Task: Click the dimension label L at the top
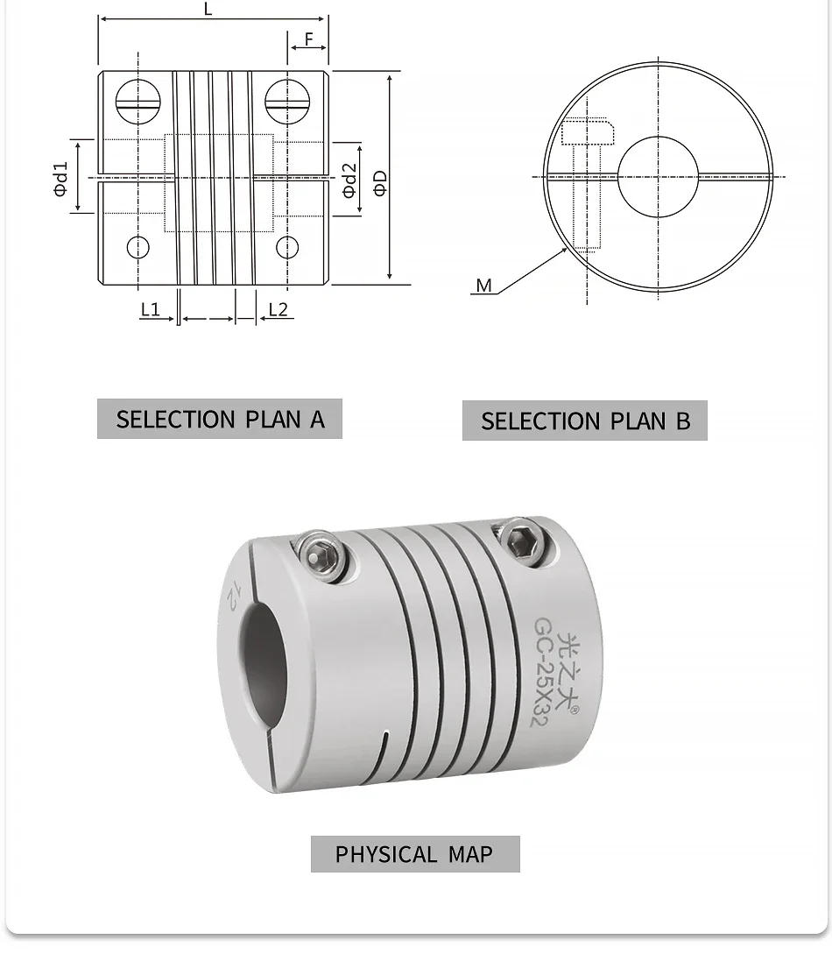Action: (x=208, y=10)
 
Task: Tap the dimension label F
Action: (x=309, y=39)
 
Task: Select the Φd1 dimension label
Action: (x=60, y=178)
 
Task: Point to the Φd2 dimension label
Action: (x=349, y=180)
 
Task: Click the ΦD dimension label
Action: (x=379, y=181)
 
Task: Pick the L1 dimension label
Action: (x=150, y=309)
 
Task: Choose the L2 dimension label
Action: (x=278, y=309)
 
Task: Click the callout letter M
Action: (x=483, y=286)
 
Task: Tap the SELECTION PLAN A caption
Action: (x=220, y=419)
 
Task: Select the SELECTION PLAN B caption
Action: (x=585, y=420)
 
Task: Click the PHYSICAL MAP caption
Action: (x=414, y=853)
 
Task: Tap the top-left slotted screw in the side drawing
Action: (x=138, y=102)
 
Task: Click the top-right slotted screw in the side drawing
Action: (x=287, y=102)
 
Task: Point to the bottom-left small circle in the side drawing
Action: (x=138, y=248)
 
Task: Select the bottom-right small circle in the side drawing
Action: (x=287, y=248)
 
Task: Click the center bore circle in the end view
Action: (x=659, y=177)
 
